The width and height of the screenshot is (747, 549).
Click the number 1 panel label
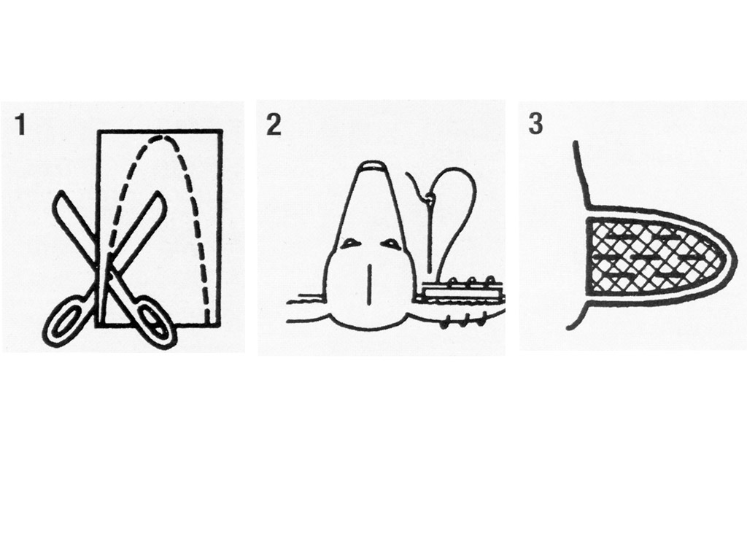[x=20, y=125]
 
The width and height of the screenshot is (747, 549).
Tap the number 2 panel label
[x=274, y=125]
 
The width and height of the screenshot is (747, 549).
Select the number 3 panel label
[x=535, y=124]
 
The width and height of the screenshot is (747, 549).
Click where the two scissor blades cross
[x=108, y=267]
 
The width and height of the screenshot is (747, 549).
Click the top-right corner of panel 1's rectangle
[x=222, y=131]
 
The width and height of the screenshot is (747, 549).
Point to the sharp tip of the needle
[x=430, y=273]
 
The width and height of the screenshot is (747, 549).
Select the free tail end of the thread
[x=407, y=174]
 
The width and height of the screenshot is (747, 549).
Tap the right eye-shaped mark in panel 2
[x=390, y=243]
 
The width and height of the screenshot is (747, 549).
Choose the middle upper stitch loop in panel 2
[x=472, y=281]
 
